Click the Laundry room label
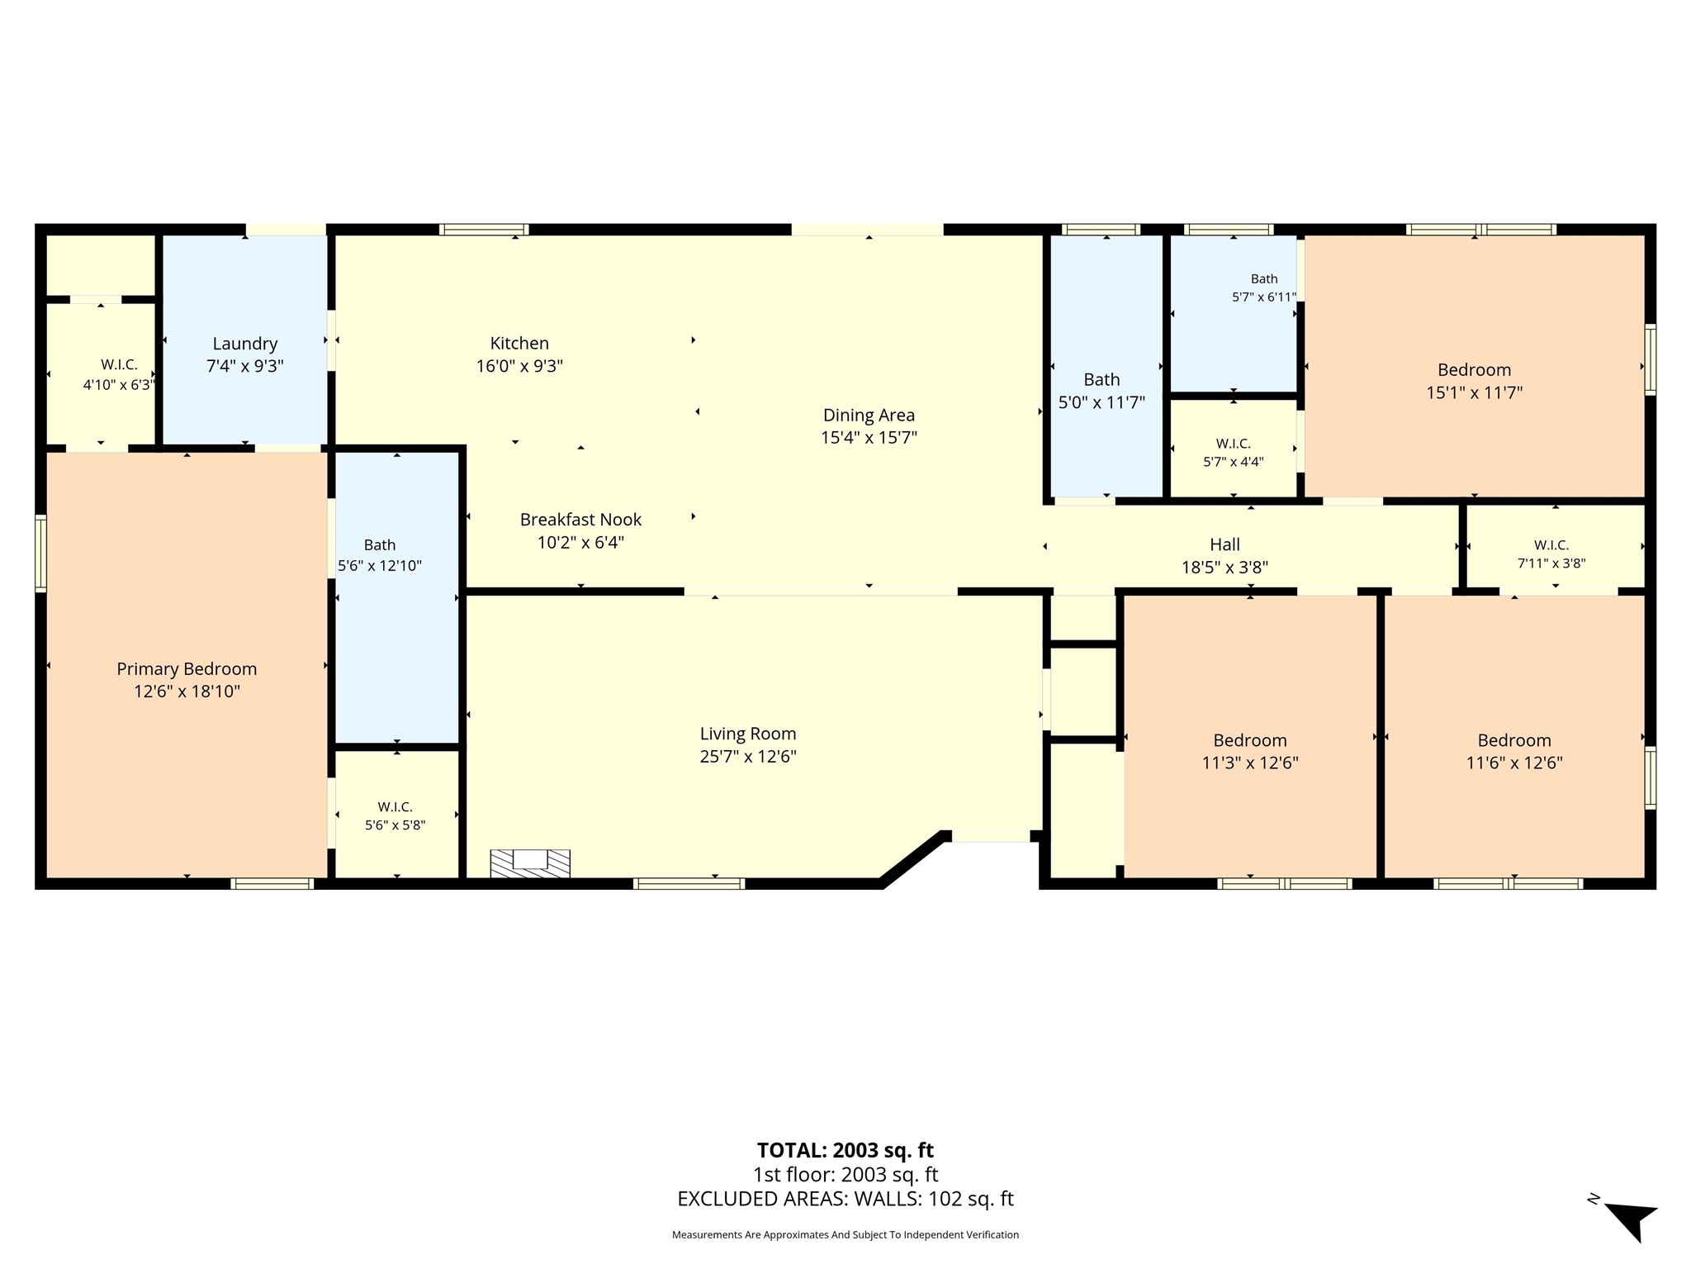point(244,344)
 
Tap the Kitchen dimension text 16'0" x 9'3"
point(519,366)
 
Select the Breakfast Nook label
point(580,520)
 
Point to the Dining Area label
point(869,416)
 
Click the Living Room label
point(748,734)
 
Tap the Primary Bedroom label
point(187,669)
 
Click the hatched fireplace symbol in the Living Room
point(530,863)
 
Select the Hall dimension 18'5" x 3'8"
point(1224,568)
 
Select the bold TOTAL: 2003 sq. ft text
point(845,1150)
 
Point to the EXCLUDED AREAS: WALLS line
point(845,1199)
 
